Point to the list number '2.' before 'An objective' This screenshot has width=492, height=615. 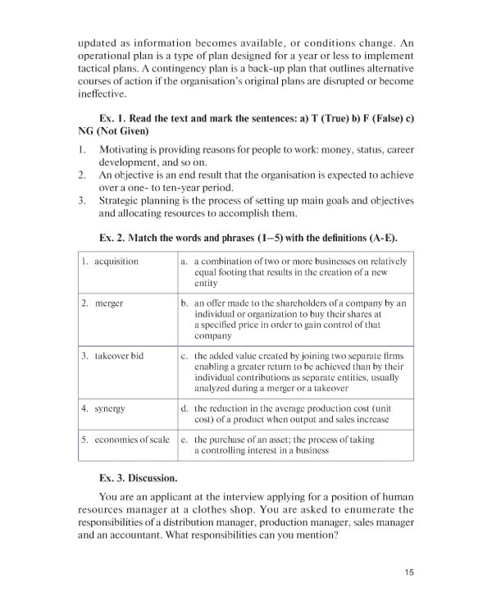tap(82, 175)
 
